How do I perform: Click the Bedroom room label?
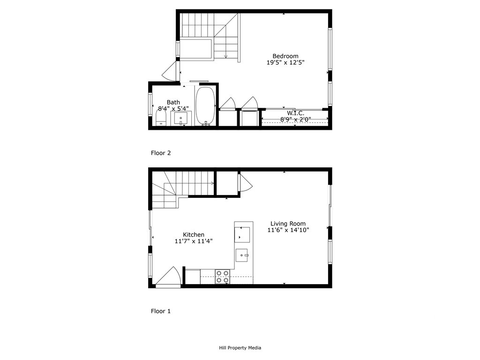(285, 56)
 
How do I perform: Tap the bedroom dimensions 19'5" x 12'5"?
(285, 63)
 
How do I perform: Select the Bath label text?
(173, 102)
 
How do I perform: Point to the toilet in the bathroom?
(161, 118)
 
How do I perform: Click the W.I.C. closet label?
(295, 113)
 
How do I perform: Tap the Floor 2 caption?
(161, 153)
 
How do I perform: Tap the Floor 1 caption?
(161, 311)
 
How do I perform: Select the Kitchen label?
(194, 235)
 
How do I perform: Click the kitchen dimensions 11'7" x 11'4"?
(194, 241)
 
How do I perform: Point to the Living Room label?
(288, 224)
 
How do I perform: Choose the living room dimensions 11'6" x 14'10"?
(288, 230)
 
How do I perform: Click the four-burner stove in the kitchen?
(223, 277)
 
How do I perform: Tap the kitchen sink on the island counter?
(242, 255)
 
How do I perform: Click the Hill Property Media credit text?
(240, 348)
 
